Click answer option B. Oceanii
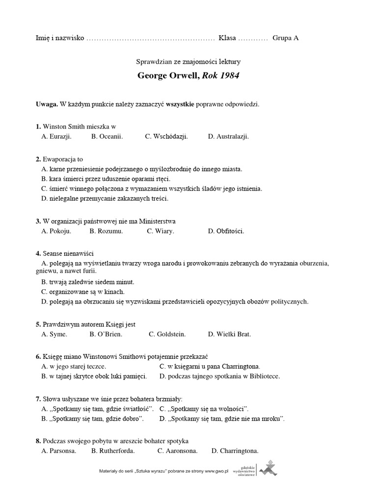click(x=107, y=136)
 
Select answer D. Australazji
click(x=228, y=136)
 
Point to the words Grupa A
click(x=285, y=38)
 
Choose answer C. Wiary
click(x=161, y=231)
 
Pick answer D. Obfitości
click(x=226, y=231)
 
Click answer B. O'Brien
click(x=106, y=334)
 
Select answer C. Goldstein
click(x=167, y=334)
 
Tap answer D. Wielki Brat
click(x=229, y=334)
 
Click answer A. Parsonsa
click(x=59, y=451)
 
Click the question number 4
click(x=38, y=253)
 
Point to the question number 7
click(x=38, y=399)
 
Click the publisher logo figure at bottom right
click(x=268, y=468)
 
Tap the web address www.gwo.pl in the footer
click(x=216, y=471)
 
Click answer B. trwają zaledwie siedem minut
click(x=88, y=282)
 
